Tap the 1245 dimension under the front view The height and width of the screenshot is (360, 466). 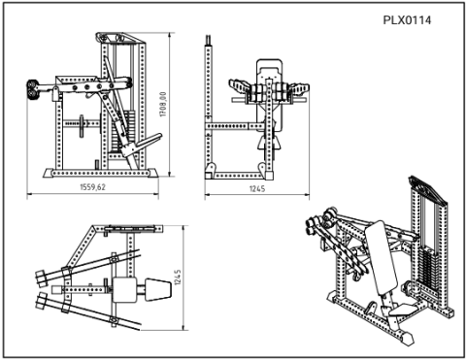tap(256, 188)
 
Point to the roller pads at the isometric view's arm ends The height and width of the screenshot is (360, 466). tap(318, 228)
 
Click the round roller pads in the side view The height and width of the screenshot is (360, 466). tap(36, 90)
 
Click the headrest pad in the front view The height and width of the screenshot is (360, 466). tap(269, 71)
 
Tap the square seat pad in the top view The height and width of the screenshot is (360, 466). tap(126, 288)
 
